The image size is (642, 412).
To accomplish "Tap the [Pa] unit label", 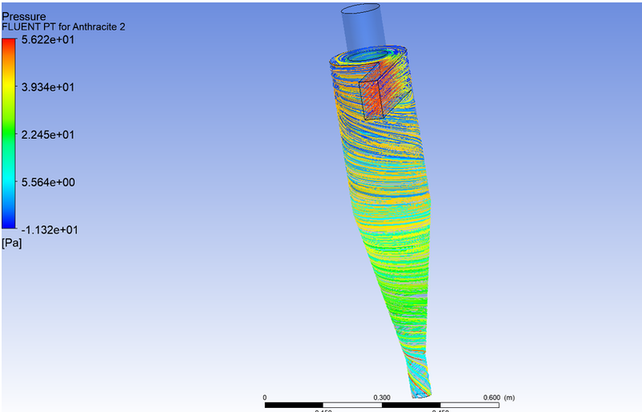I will (x=12, y=243).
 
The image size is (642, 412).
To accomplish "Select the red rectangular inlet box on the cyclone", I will (x=380, y=94).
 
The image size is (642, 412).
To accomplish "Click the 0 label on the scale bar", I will (x=265, y=397).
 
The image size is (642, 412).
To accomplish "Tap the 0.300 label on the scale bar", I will (x=382, y=397).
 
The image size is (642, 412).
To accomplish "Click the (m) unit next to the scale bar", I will (x=509, y=397).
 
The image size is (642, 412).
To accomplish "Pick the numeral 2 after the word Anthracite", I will (x=121, y=27).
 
